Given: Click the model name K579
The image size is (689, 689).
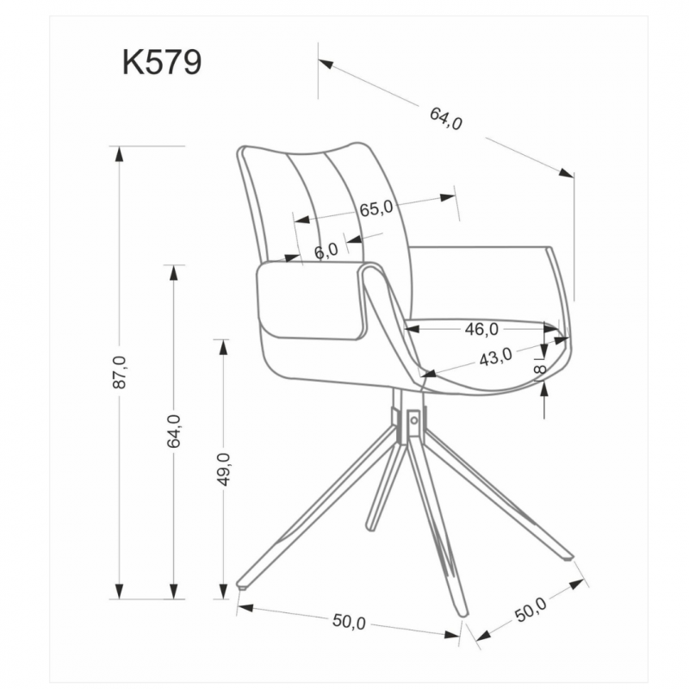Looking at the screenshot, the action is click(x=162, y=62).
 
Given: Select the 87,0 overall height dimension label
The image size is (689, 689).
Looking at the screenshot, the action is click(x=120, y=372).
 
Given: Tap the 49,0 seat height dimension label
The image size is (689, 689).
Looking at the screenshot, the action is click(x=224, y=469).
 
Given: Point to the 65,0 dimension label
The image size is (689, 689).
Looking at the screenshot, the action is click(x=376, y=208).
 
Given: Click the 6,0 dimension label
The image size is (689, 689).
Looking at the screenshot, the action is click(x=326, y=251).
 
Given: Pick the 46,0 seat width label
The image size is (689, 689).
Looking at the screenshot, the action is click(x=481, y=329).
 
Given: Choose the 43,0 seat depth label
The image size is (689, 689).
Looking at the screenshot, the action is click(x=496, y=357).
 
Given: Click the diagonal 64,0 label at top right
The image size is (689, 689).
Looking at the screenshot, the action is click(x=446, y=119).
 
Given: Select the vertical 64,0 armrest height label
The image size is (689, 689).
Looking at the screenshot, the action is click(x=174, y=431).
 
